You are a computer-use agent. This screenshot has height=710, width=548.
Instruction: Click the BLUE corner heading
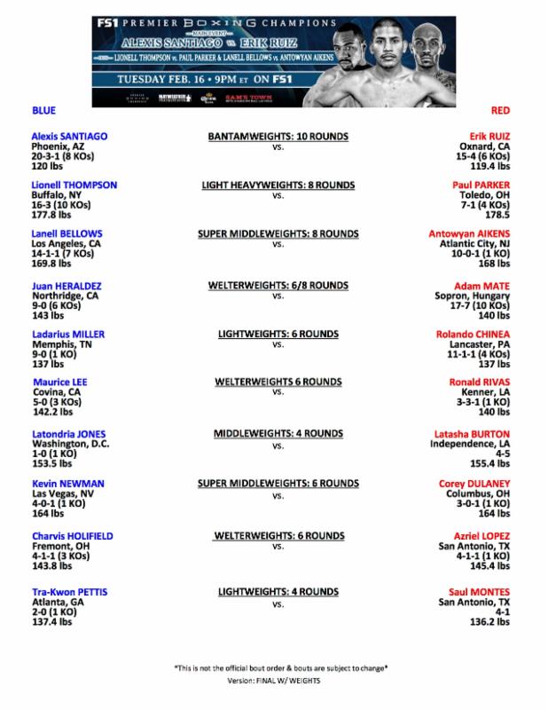(43, 110)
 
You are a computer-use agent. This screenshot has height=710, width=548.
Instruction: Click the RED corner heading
(499, 110)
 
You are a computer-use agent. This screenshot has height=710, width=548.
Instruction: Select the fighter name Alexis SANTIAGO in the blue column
(68, 136)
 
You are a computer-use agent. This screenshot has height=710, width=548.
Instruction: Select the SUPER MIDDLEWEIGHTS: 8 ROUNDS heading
(278, 234)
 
